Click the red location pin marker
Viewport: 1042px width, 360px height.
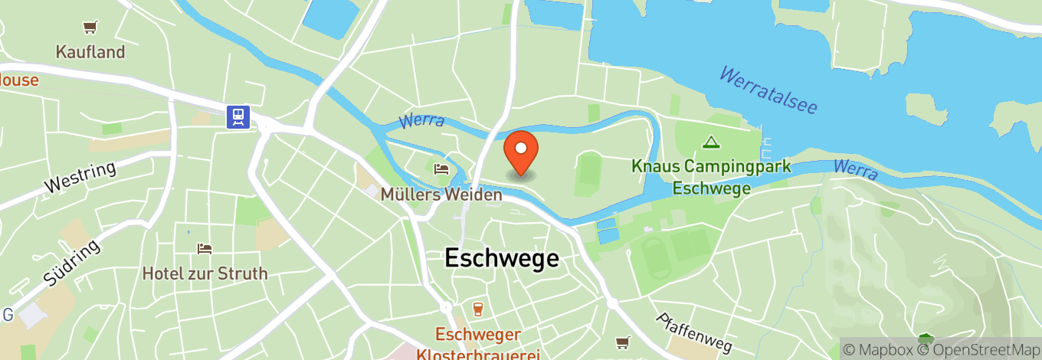(x=521, y=152)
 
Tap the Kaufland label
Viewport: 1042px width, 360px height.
(x=90, y=52)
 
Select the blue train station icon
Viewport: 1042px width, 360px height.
(x=238, y=116)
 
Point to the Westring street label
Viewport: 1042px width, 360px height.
(x=80, y=177)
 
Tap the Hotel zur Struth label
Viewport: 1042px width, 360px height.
(x=205, y=273)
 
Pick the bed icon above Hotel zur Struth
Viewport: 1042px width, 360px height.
(x=204, y=249)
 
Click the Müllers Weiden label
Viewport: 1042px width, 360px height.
(x=442, y=195)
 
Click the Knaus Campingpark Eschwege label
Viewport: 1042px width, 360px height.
(x=711, y=177)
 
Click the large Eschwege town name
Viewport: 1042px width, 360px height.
(x=502, y=258)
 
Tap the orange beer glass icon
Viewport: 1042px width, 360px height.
(x=478, y=309)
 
